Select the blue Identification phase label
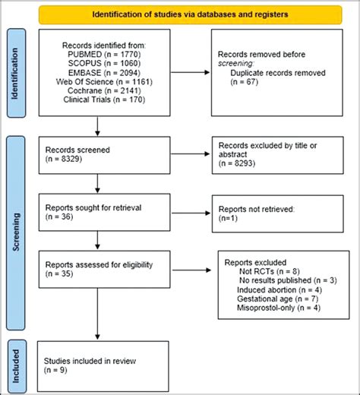click(x=15, y=84)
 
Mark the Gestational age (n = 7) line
click(x=273, y=298)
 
